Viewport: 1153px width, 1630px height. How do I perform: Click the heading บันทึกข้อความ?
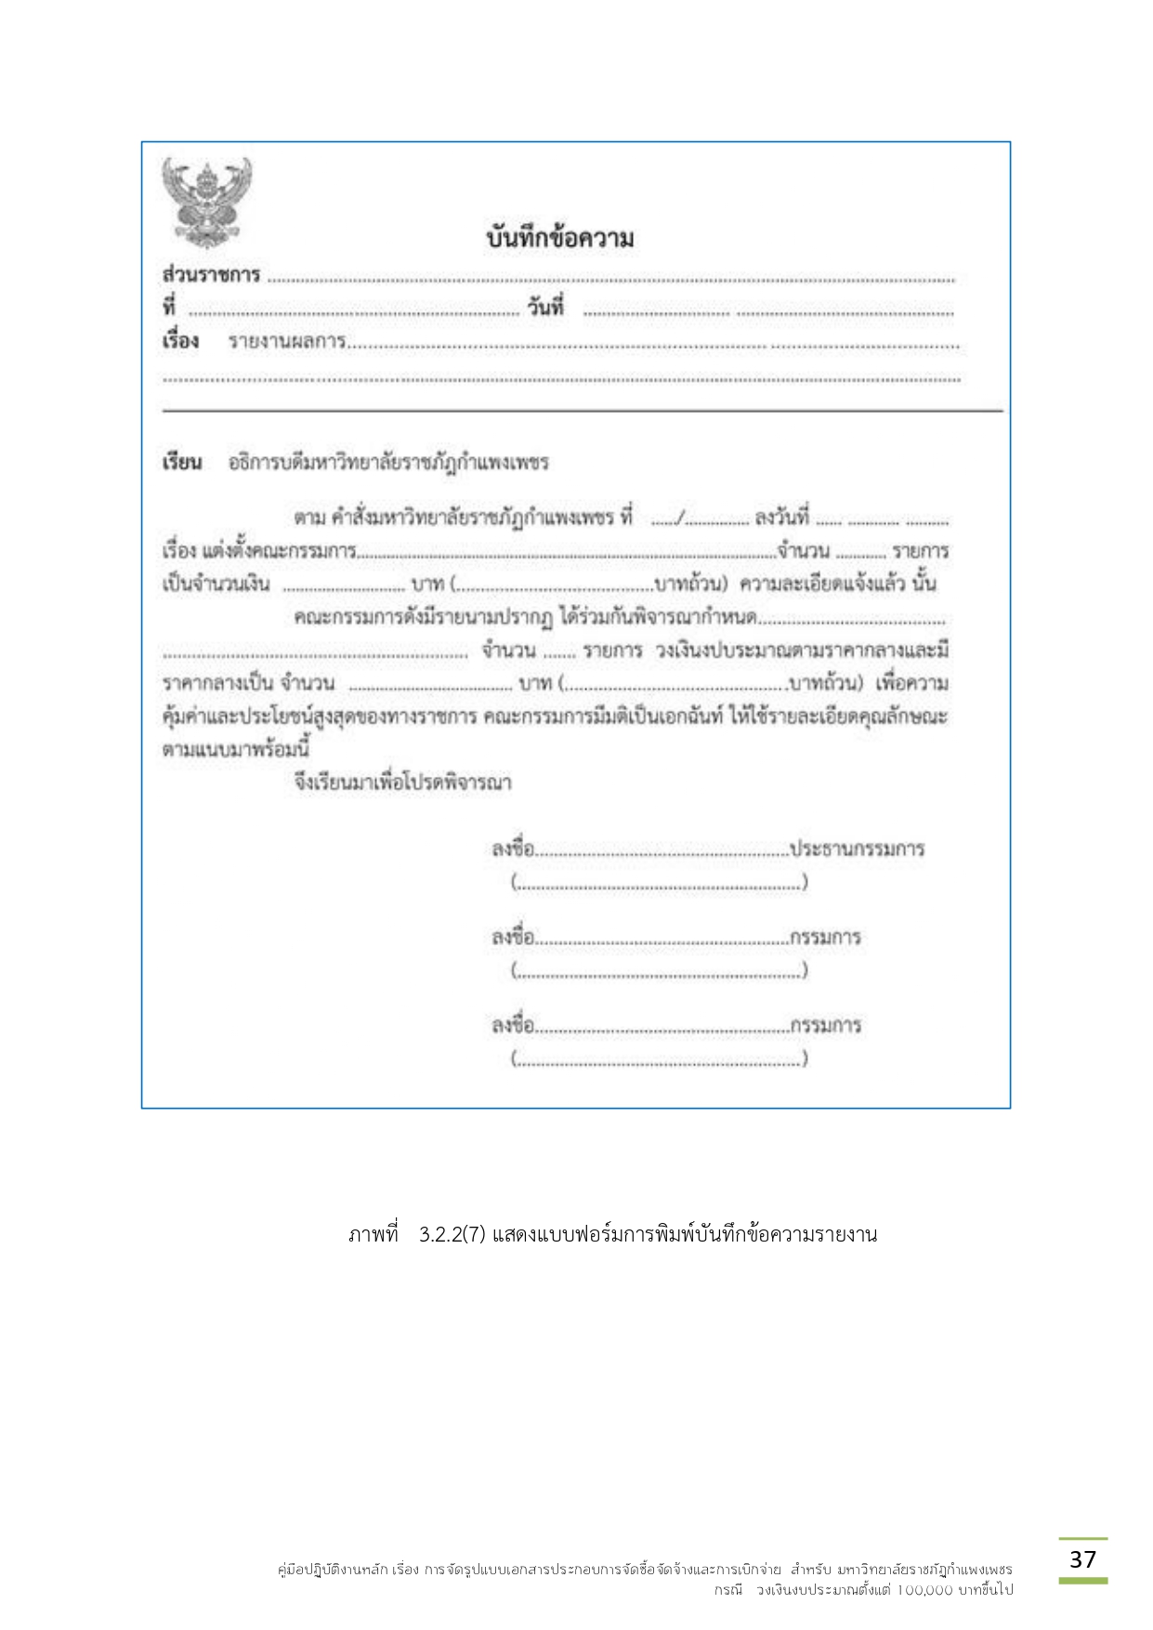click(559, 239)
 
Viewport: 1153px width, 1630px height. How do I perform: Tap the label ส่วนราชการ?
click(211, 275)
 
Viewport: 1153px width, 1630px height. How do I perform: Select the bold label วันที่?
click(545, 308)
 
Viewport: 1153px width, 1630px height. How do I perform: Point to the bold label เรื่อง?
click(180, 341)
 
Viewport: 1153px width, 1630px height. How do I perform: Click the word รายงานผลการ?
click(287, 342)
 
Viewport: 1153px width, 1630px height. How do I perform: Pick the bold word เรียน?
click(181, 463)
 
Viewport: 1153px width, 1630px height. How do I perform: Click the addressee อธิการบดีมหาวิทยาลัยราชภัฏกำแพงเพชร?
click(388, 463)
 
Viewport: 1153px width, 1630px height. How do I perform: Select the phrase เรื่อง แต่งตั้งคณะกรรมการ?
click(258, 551)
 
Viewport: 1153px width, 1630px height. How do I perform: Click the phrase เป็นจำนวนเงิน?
click(216, 585)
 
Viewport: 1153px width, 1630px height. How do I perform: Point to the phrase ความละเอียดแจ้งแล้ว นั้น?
click(837, 585)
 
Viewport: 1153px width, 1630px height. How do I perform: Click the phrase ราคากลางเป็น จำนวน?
click(248, 684)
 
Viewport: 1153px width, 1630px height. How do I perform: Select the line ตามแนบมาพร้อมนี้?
click(235, 749)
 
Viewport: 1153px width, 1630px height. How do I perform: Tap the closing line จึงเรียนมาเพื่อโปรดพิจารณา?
click(402, 782)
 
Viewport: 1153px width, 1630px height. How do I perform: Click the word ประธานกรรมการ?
click(857, 849)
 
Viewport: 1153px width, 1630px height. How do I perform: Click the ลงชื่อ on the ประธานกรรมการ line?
click(513, 849)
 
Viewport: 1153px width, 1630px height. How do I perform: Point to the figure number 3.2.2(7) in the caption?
click(452, 1235)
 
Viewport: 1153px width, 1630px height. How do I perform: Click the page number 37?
click(1082, 1559)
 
